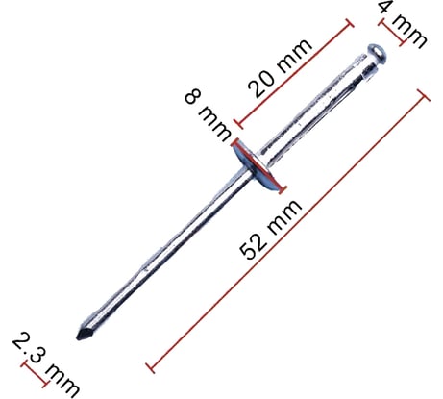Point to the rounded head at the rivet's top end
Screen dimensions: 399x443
click(377, 49)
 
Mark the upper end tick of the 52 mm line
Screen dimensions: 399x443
click(421, 91)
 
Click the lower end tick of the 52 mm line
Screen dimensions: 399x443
click(150, 365)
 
